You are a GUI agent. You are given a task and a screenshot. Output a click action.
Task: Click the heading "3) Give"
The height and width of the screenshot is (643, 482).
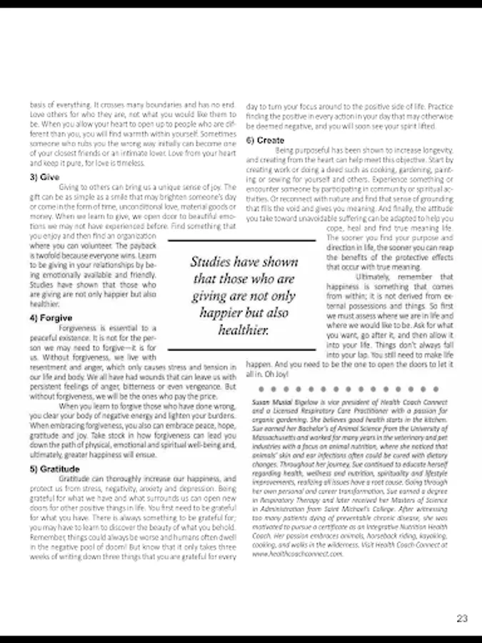point(44,176)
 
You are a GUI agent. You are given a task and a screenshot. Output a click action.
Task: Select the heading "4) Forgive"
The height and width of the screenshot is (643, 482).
point(51,317)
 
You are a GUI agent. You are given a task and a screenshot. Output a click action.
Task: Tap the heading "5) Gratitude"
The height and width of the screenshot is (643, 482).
point(54,469)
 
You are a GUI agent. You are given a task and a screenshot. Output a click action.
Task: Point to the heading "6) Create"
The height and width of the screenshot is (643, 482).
point(265,140)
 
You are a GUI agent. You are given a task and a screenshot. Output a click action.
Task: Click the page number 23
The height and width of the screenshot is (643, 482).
point(461,619)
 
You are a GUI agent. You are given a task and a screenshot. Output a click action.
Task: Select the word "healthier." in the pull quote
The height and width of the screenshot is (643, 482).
point(243,330)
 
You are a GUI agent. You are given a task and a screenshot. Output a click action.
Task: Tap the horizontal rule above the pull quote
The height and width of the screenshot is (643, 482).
point(241,241)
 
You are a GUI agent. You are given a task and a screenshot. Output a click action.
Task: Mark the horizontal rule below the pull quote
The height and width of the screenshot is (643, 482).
point(241,349)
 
